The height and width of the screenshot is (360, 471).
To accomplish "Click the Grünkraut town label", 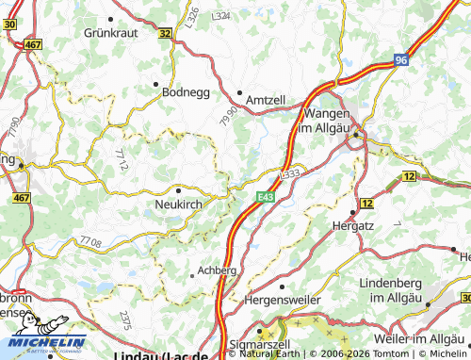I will [x=111, y=31].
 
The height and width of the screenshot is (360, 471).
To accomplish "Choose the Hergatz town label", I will [x=355, y=226].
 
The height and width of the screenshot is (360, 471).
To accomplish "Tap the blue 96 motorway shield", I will [x=401, y=59].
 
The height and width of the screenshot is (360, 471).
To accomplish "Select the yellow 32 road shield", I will [x=166, y=33].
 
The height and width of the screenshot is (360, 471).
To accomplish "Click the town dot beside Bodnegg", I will [x=156, y=83].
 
